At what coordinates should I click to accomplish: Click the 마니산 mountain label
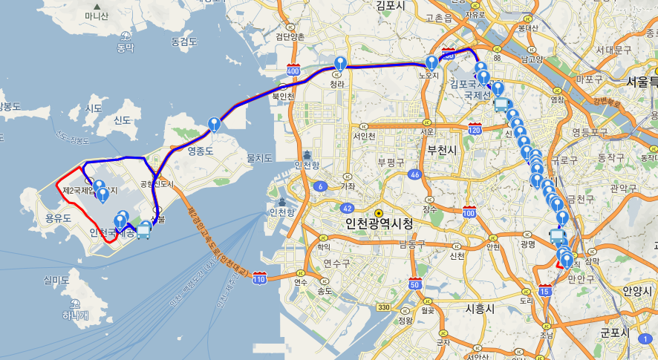coord(97,16)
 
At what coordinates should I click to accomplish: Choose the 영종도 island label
coord(201,151)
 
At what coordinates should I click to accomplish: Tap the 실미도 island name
coord(57,280)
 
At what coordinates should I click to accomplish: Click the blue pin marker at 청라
coord(340,64)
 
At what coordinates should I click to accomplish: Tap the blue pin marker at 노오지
coord(431,63)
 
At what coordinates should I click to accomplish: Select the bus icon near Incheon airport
coord(143,232)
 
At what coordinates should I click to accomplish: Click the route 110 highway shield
coord(259,278)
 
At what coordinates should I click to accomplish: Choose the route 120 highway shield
coord(475,130)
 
